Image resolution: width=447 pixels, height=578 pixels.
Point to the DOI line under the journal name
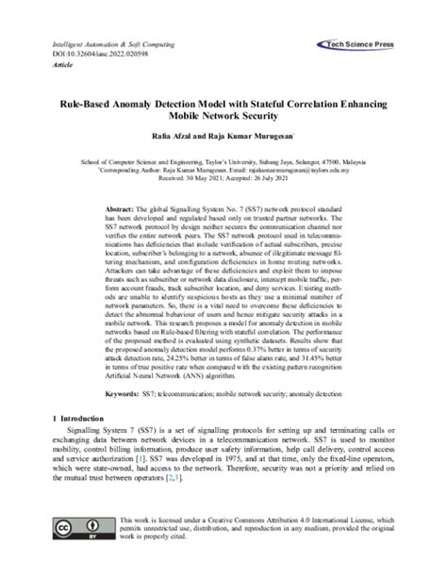pos(93,55)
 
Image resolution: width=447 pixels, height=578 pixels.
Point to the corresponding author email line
pos(223,171)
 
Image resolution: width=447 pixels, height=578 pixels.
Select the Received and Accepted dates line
pos(223,178)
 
